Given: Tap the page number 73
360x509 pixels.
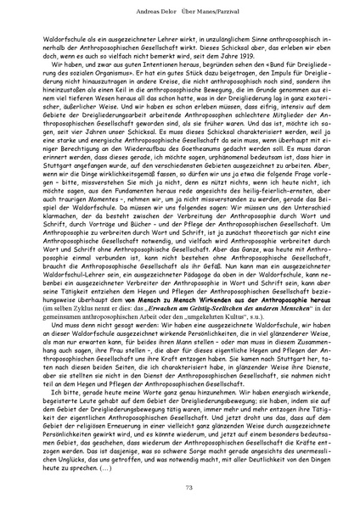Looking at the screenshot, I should (x=180, y=486).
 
